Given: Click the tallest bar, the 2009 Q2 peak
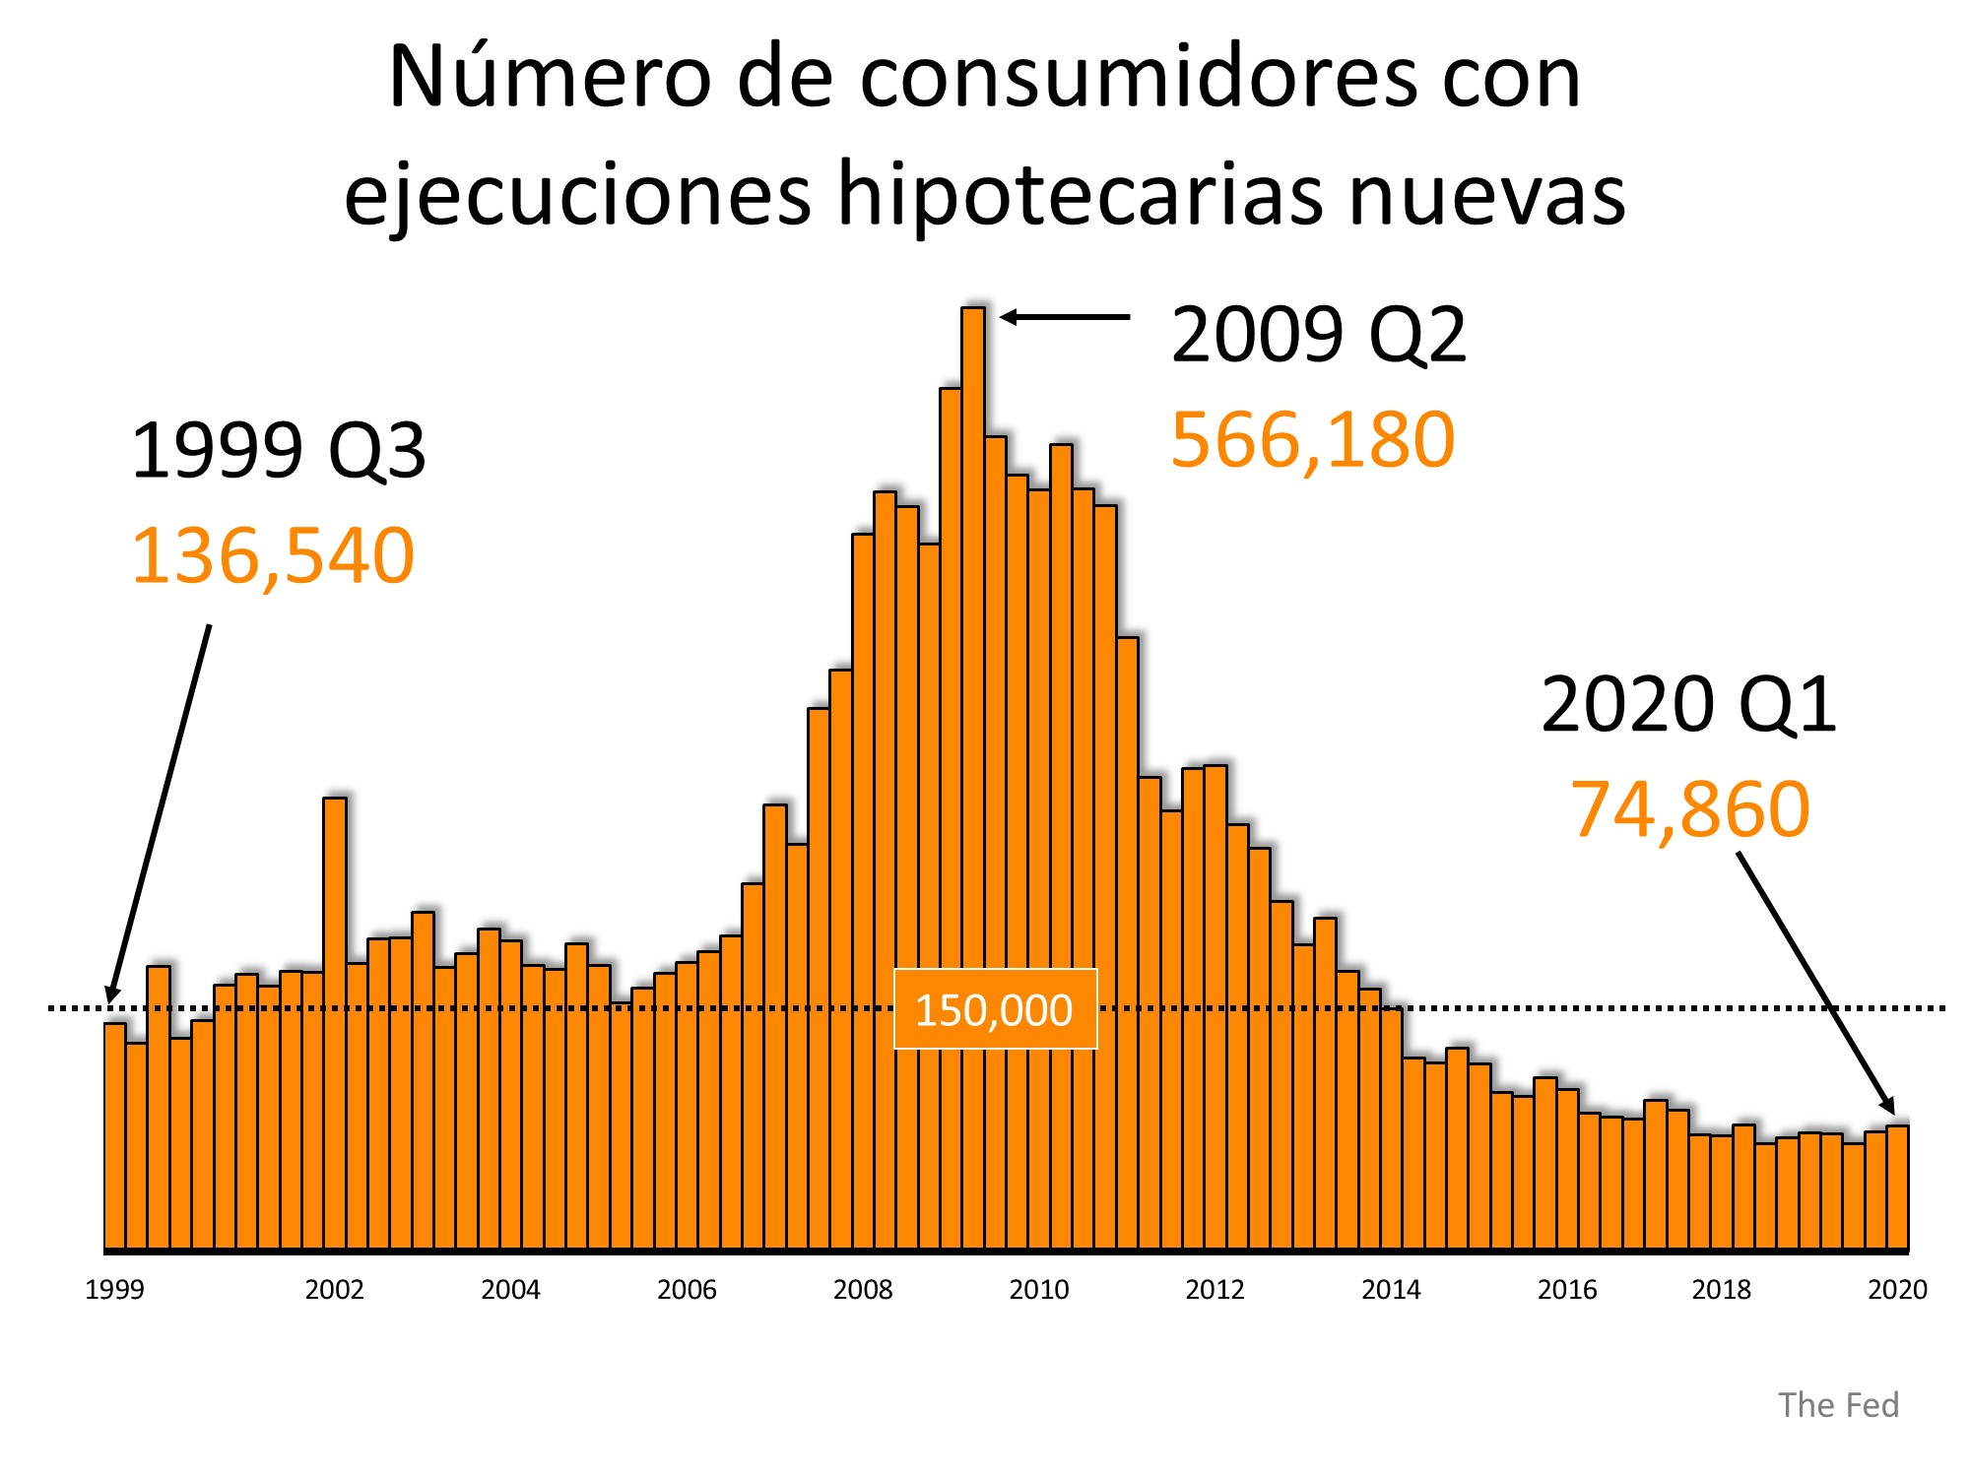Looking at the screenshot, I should click(x=973, y=778).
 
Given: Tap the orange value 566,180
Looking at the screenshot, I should click(x=1312, y=439).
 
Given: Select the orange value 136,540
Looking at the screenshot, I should click(x=273, y=555).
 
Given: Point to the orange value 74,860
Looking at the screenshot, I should click(x=1690, y=809).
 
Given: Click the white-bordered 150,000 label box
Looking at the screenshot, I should click(x=995, y=1010).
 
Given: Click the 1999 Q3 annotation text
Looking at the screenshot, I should click(x=278, y=451).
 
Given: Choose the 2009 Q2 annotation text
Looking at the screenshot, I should click(x=1319, y=335).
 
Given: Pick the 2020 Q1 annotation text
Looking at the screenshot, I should click(x=1688, y=705).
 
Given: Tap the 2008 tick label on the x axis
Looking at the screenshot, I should click(x=863, y=1290).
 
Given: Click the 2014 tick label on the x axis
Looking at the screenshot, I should click(x=1391, y=1290).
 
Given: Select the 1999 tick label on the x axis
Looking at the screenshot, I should click(x=114, y=1290).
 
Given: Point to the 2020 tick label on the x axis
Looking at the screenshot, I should click(x=1897, y=1290).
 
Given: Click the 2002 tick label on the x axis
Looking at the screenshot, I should click(x=334, y=1290).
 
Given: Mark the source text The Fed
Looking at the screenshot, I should click(x=1838, y=1405).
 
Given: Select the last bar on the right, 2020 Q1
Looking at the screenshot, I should click(x=1898, y=1187).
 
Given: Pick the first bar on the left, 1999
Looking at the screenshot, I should click(x=114, y=1137).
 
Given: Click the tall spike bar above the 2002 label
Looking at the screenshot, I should click(x=335, y=1024).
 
